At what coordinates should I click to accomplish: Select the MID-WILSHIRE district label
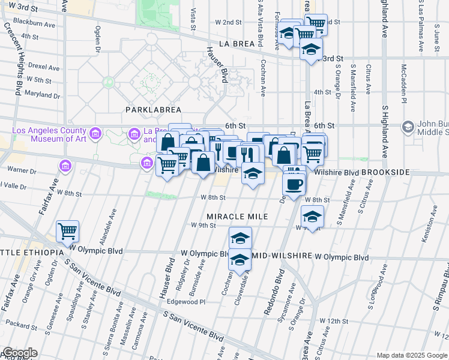[282, 256]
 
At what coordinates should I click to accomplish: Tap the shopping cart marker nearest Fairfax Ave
[68, 231]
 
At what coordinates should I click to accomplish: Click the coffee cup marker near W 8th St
[294, 184]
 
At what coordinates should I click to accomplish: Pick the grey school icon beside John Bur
[409, 127]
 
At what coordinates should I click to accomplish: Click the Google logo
[20, 353]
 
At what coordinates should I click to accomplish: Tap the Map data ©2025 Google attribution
[412, 355]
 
